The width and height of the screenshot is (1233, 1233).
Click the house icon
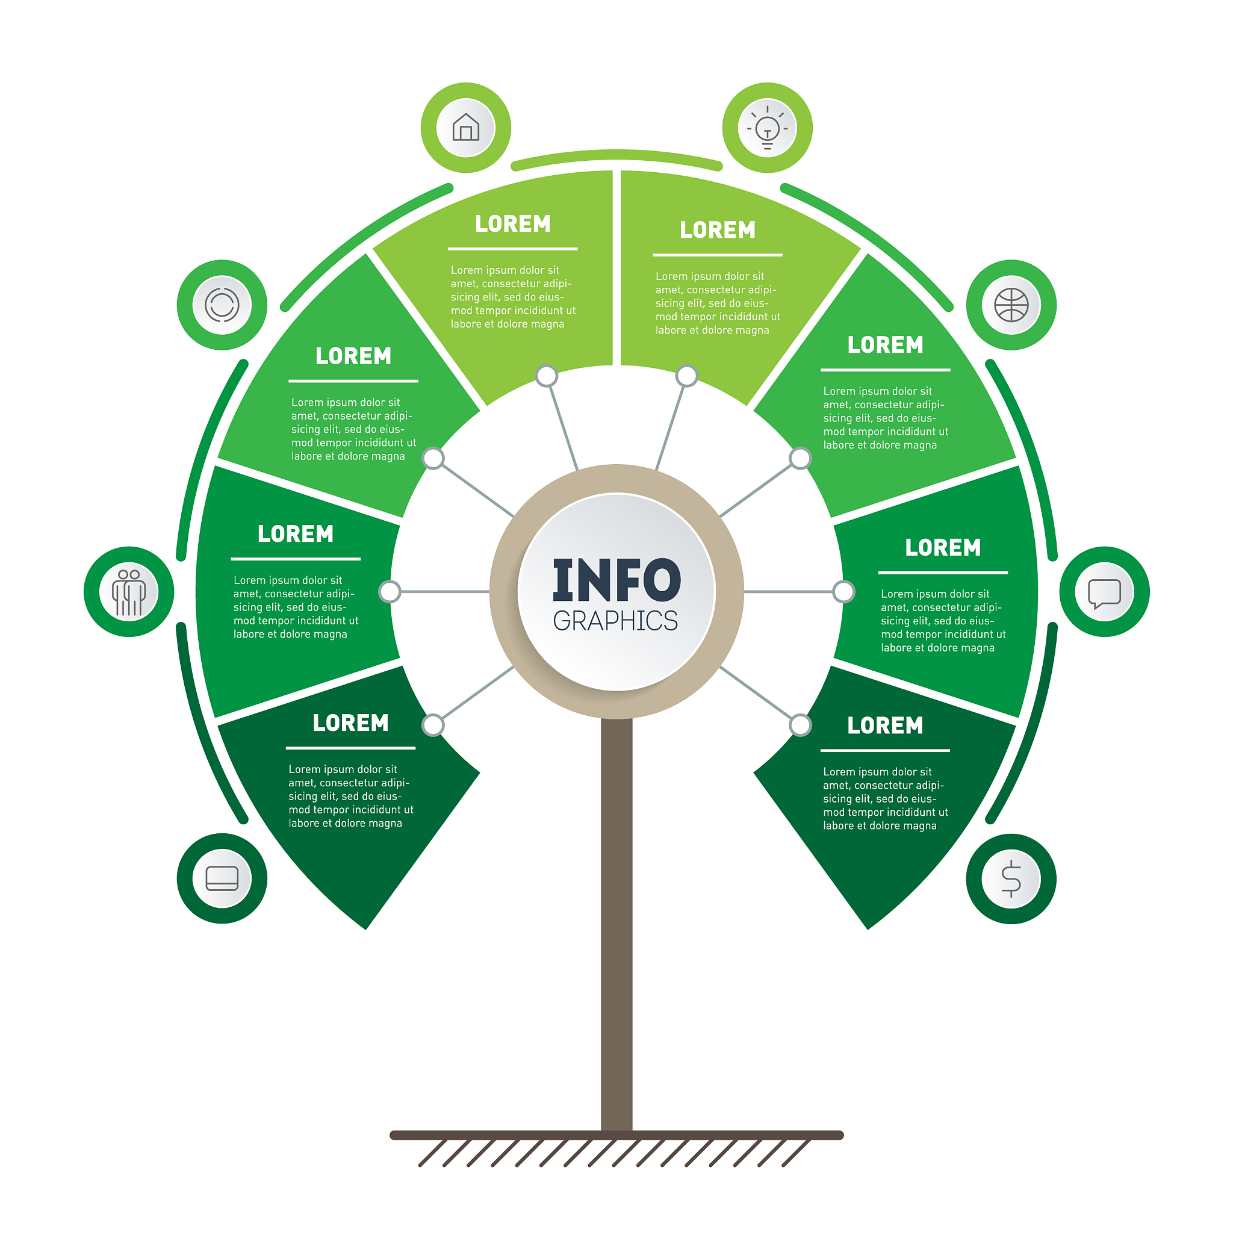(466, 127)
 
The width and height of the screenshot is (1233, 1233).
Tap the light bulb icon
(767, 127)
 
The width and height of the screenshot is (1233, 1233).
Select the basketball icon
(1011, 305)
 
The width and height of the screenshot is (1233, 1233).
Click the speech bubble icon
(1105, 594)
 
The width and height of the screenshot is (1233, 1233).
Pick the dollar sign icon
(1011, 879)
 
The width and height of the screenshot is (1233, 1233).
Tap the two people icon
(129, 593)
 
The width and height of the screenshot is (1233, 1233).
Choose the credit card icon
(222, 878)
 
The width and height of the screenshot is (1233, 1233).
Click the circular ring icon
(222, 305)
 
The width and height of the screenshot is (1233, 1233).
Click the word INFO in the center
(616, 580)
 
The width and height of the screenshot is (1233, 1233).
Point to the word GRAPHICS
(615, 621)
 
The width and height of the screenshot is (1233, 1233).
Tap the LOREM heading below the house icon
(512, 224)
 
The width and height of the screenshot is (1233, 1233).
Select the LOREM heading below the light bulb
(717, 230)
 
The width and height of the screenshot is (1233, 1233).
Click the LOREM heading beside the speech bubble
(943, 548)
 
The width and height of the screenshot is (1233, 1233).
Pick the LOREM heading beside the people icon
(296, 534)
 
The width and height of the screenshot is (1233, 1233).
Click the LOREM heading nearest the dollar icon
(885, 725)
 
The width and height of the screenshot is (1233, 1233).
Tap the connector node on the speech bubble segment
(843, 592)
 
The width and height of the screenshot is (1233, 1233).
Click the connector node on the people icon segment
(390, 592)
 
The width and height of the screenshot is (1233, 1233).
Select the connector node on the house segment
(546, 376)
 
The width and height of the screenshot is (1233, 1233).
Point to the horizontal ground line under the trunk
(616, 1135)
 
